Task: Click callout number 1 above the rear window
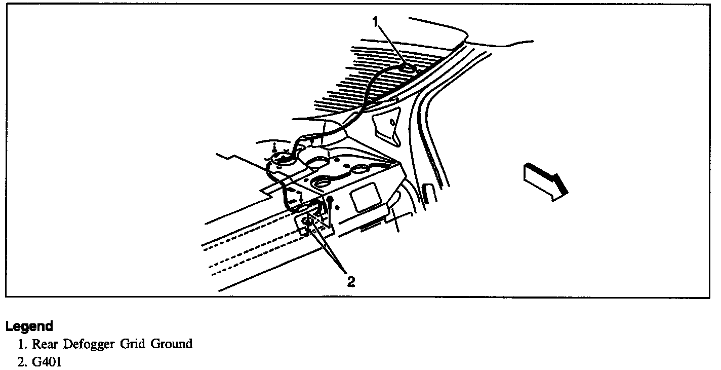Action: pos(375,22)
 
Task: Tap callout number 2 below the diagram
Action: pos(350,280)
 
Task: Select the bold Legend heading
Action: pos(29,326)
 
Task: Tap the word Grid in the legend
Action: pos(133,344)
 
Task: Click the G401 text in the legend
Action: pos(47,363)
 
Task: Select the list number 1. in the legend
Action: pos(23,344)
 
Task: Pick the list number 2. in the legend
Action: pos(23,363)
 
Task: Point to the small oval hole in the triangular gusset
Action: pos(393,121)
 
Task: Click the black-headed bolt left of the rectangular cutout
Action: pos(330,200)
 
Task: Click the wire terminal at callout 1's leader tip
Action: pos(405,66)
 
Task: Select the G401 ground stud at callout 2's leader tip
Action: pos(307,221)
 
